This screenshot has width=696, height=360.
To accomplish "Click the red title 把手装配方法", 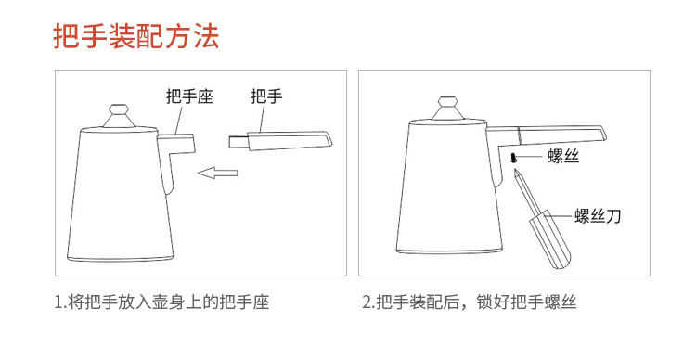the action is tap(136, 36).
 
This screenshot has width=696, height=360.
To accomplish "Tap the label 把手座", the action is tap(189, 96).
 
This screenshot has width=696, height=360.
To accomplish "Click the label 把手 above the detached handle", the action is tap(266, 96).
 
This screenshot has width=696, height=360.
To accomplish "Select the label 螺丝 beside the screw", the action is tap(563, 156).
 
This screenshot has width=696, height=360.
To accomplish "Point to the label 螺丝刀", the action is tap(597, 216).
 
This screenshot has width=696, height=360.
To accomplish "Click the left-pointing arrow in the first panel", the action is tap(218, 173).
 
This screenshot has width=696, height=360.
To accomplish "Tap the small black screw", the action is tap(514, 157).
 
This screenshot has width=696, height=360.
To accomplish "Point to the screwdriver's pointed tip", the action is tap(515, 171).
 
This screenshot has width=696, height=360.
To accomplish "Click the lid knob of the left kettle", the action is tap(119, 115).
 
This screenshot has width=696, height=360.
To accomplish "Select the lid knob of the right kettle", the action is tap(448, 109).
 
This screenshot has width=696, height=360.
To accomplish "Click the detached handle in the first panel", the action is tap(280, 141).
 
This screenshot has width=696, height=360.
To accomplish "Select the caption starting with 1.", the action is tap(161, 302).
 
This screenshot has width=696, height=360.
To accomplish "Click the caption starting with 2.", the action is tap(470, 302).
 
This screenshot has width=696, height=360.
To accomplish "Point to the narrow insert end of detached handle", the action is tap(238, 142).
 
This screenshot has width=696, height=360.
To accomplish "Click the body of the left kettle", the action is tap(119, 195).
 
